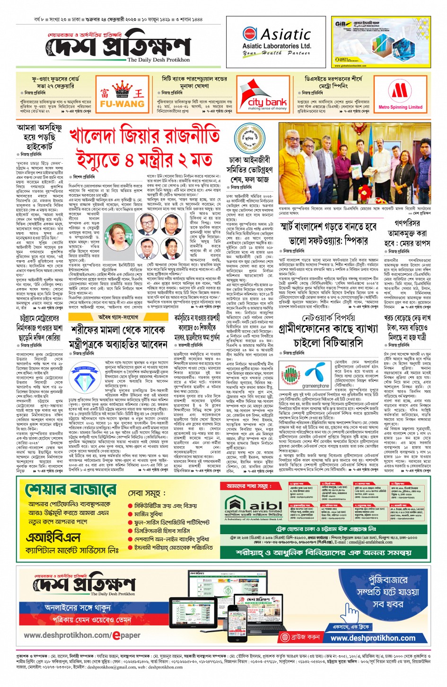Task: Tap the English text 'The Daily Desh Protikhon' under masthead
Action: pyautogui.click(x=158, y=60)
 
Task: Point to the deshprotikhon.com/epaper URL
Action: pyautogui.click(x=82, y=635)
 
